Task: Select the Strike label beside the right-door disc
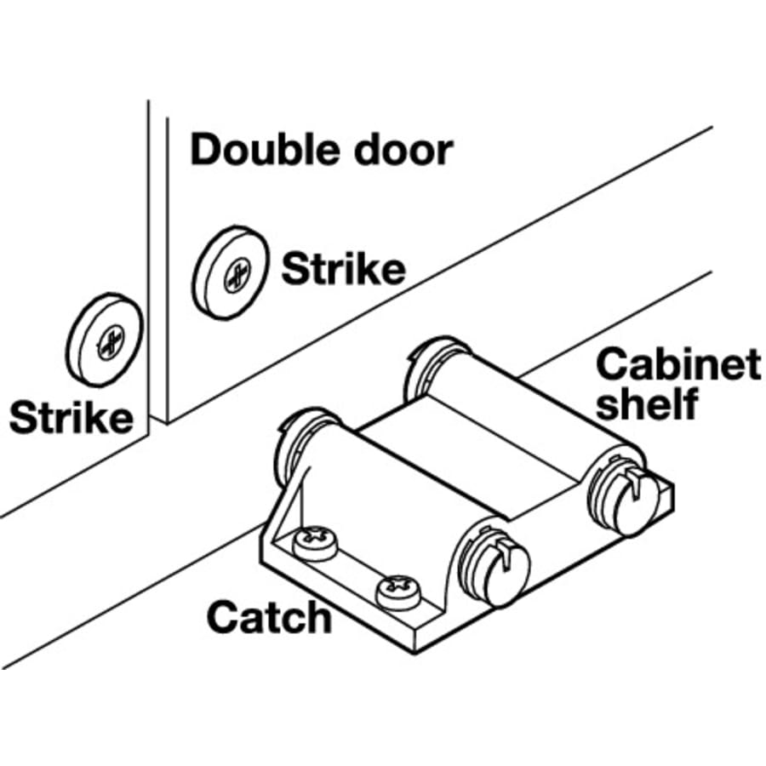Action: (x=343, y=270)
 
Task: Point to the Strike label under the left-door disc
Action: (x=71, y=418)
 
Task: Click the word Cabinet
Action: (x=677, y=365)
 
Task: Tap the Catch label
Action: (x=268, y=617)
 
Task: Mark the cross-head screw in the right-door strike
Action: (x=236, y=274)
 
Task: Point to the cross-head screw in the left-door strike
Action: (x=111, y=342)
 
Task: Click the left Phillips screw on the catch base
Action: (x=315, y=542)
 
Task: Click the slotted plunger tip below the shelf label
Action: (x=626, y=497)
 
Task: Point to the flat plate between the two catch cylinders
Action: (x=443, y=464)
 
